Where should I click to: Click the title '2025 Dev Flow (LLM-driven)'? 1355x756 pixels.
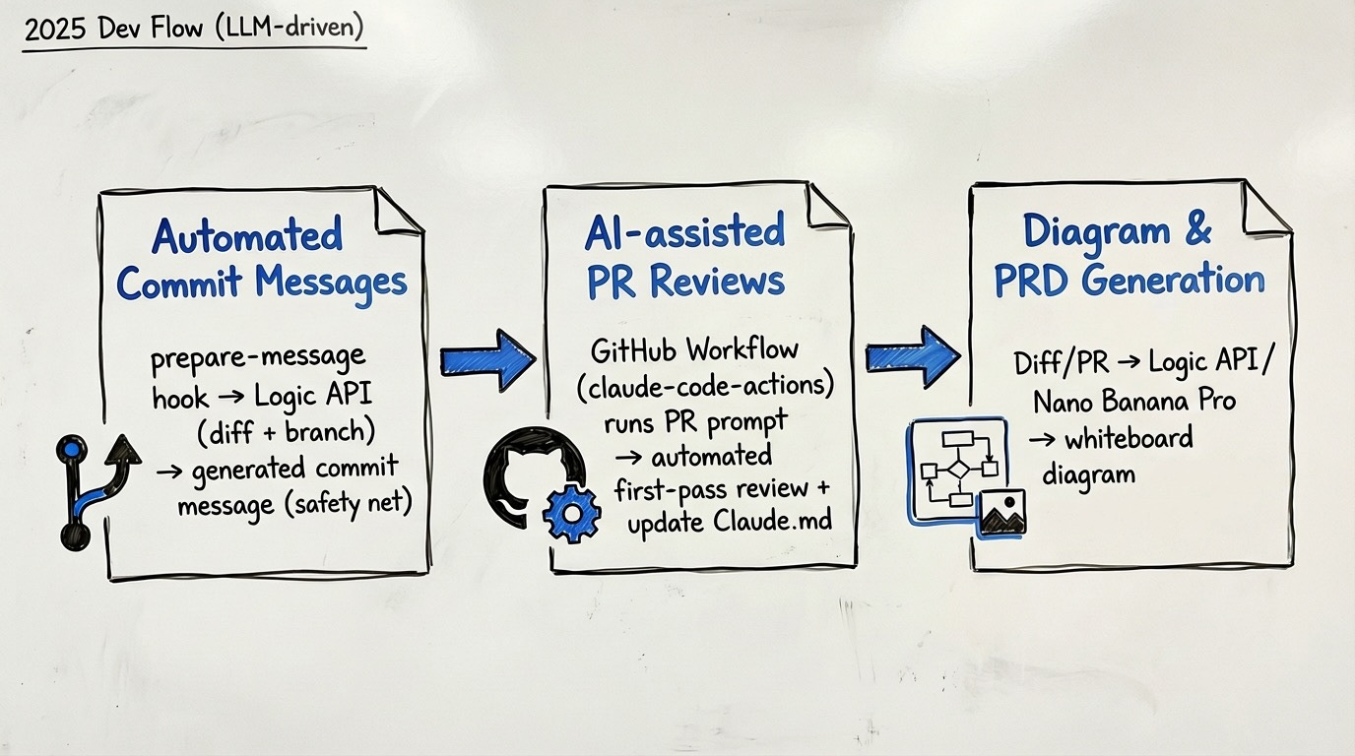pyautogui.click(x=194, y=30)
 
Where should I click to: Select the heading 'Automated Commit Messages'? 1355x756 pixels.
pyautogui.click(x=261, y=260)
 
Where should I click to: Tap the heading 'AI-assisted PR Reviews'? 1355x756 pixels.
pyautogui.click(x=685, y=257)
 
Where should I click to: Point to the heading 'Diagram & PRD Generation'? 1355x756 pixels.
pyautogui.click(x=1129, y=255)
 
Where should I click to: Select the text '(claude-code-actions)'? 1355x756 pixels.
pyautogui.click(x=704, y=386)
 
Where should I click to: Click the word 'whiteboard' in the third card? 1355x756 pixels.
pyautogui.click(x=1128, y=437)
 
